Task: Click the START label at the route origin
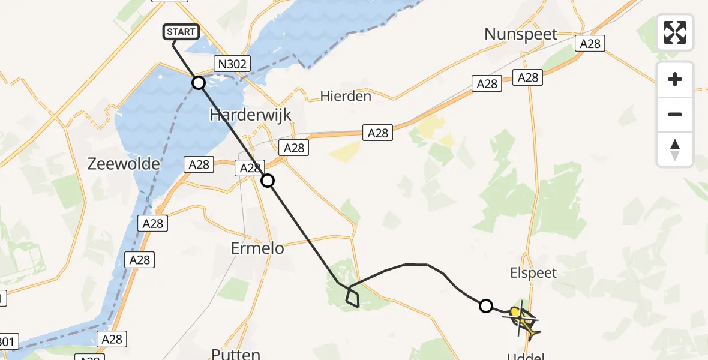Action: (x=181, y=32)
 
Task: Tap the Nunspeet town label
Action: (x=521, y=34)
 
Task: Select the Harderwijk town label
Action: (x=250, y=115)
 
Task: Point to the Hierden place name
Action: (x=346, y=96)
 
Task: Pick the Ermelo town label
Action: (x=258, y=247)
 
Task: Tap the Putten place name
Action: (x=236, y=354)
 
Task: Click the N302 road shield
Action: (x=232, y=64)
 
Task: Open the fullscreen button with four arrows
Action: (x=675, y=32)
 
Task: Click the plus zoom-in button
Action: (x=675, y=79)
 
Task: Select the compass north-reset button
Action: (x=675, y=149)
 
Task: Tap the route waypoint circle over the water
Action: (x=199, y=82)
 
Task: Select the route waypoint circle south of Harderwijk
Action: (x=268, y=180)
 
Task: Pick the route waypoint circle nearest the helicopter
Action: (x=486, y=306)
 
